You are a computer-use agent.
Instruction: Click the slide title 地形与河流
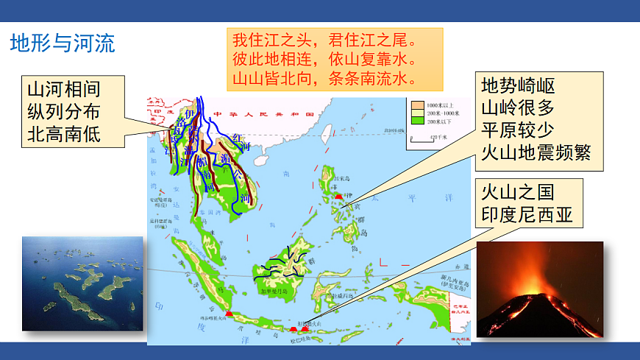coord(63,43)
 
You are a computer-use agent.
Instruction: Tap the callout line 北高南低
coord(64,135)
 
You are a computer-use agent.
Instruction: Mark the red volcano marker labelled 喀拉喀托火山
coord(230,314)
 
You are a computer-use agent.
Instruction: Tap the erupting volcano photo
coord(540,289)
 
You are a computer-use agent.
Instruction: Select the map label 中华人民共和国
coord(262,116)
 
